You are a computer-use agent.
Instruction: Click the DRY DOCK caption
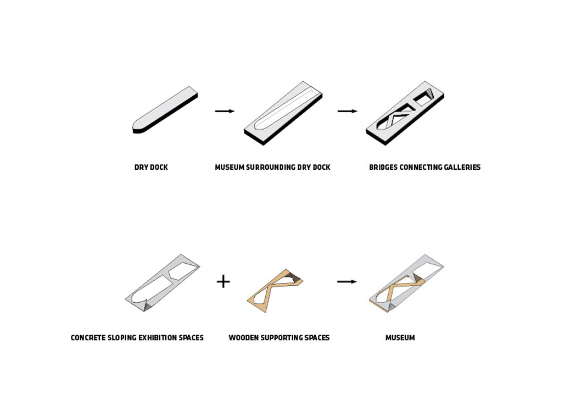coord(151,168)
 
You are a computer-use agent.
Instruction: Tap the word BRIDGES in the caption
coord(383,168)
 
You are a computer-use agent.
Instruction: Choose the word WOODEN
coord(242,338)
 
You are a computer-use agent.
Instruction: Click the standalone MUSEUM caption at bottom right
coord(400,338)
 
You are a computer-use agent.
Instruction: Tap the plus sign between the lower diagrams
coord(223,281)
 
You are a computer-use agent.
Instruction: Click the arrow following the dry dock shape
coord(225,111)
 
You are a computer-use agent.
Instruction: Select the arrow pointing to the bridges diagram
coord(348,111)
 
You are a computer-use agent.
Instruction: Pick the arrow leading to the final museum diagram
coord(346,281)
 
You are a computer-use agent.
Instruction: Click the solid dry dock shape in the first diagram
coord(165,110)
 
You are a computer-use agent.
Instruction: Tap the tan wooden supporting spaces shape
coord(275,290)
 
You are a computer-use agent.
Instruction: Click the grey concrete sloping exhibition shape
coord(162,283)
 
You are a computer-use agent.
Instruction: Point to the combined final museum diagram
coord(406,284)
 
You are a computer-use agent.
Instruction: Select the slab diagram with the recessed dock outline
coord(283,113)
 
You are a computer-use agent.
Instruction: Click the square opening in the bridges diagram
coord(424,97)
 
